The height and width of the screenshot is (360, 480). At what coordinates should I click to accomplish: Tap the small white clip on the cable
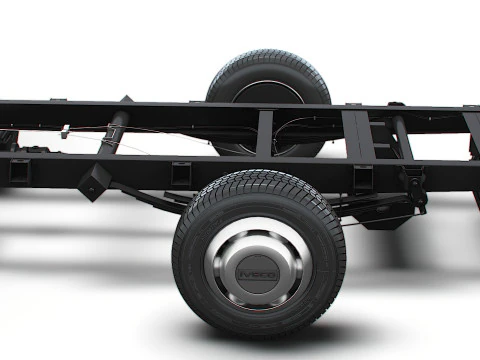point(65,130)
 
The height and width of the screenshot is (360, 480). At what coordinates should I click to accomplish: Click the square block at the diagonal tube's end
point(94,182)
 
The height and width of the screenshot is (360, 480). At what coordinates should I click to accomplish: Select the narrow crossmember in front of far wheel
point(264,132)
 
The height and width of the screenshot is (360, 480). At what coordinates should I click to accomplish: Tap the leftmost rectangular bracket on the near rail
point(20,171)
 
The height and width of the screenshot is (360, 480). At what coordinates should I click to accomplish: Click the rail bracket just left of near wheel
point(181,173)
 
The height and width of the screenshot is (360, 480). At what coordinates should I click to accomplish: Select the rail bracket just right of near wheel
point(362,178)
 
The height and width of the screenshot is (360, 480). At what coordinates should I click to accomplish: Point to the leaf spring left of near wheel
point(150,198)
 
